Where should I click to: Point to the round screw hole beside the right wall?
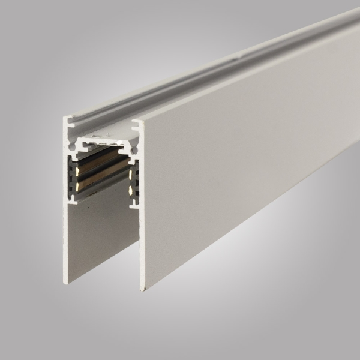click(x=133, y=149)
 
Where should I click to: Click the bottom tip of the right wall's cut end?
click(x=142, y=289)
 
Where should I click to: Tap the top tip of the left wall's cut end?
click(x=65, y=118)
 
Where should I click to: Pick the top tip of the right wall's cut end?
click(x=139, y=122)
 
